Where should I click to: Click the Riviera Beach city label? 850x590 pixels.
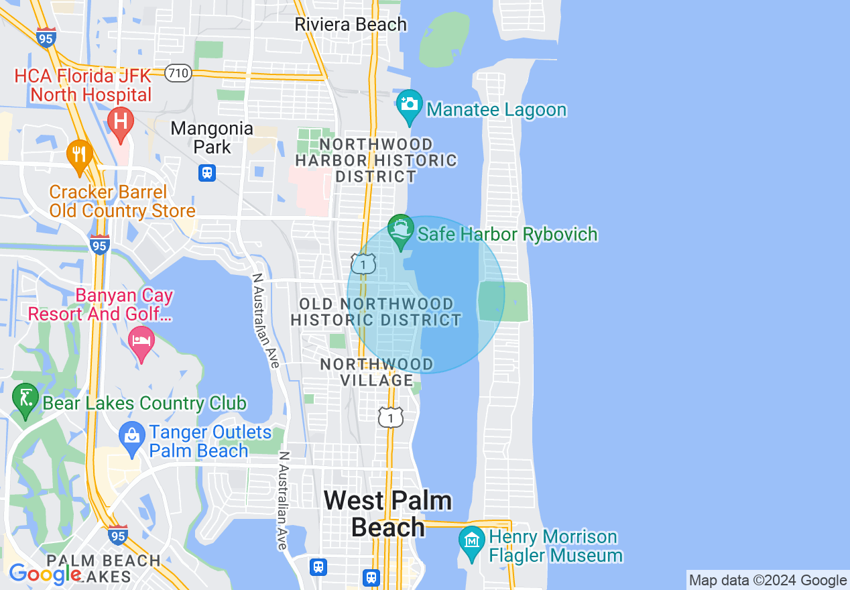[351, 25]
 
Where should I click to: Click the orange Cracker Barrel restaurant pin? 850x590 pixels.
[79, 154]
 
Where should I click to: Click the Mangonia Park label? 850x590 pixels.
[212, 137]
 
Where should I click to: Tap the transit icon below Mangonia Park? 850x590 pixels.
[206, 173]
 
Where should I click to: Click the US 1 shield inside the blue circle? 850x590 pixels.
[363, 264]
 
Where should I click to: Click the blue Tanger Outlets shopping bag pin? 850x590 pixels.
[132, 436]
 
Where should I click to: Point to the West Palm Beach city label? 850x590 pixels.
[387, 514]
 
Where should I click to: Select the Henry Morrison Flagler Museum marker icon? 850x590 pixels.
[472, 541]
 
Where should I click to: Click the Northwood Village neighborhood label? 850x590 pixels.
[376, 372]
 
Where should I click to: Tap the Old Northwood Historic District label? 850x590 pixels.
[376, 312]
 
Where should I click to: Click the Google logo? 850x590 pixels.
[45, 574]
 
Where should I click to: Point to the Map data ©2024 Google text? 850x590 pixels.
[768, 581]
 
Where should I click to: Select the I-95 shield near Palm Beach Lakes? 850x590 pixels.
[118, 534]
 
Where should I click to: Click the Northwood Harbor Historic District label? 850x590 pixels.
[376, 160]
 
